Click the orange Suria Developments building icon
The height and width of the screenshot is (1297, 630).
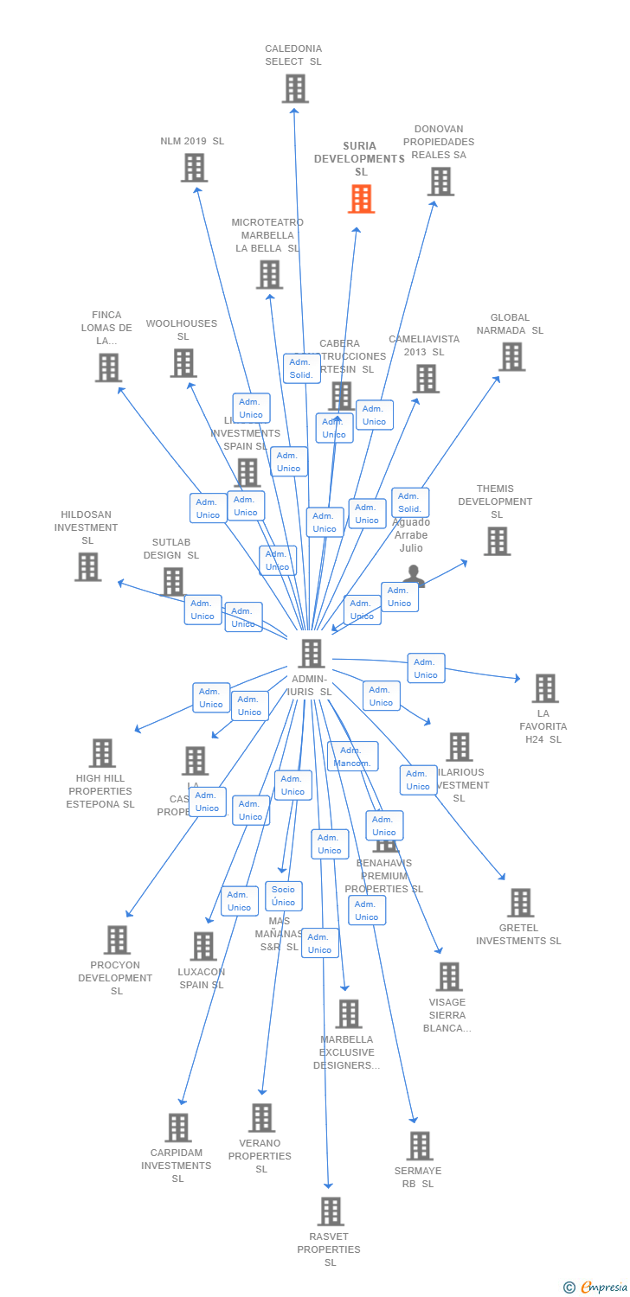[361, 199]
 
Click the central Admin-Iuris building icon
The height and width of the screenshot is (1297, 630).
[312, 654]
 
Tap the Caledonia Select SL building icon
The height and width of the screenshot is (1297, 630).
[295, 88]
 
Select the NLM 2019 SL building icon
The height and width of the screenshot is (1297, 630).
[194, 168]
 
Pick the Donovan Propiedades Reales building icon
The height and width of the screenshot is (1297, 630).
[440, 182]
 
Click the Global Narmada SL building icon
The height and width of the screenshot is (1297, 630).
[511, 356]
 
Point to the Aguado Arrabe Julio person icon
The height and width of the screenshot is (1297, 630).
[414, 576]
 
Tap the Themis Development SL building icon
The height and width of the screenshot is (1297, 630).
[497, 541]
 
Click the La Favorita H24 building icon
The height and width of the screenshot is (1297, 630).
[544, 688]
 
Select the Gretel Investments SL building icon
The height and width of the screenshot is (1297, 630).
[520, 903]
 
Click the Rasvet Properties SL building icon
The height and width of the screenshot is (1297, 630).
[330, 1211]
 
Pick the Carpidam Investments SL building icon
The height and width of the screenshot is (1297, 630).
[178, 1128]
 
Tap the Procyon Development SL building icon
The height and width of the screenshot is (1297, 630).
[117, 940]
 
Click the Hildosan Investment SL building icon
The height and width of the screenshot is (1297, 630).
[87, 567]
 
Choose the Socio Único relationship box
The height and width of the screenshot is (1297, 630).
[283, 896]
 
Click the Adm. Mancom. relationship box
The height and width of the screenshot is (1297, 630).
[352, 757]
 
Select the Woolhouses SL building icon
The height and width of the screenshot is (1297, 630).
[183, 363]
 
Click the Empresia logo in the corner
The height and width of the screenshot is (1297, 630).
[595, 1287]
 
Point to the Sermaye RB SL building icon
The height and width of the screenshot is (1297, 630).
[420, 1146]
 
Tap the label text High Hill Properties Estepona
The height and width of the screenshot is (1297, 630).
[100, 791]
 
